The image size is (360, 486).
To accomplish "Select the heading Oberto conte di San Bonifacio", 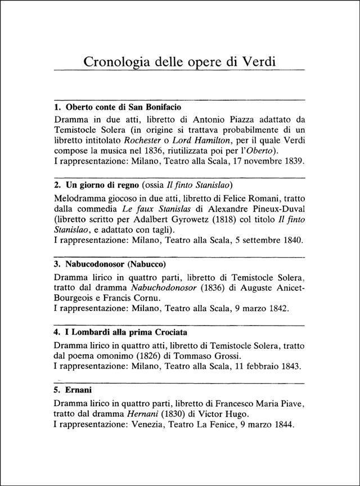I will (123, 107).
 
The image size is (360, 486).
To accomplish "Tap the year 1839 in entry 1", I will (294, 161).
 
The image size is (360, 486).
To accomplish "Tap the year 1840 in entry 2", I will (292, 241).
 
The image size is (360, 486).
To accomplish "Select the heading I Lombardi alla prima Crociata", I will (124, 332).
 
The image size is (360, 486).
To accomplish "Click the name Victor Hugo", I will (219, 413).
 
